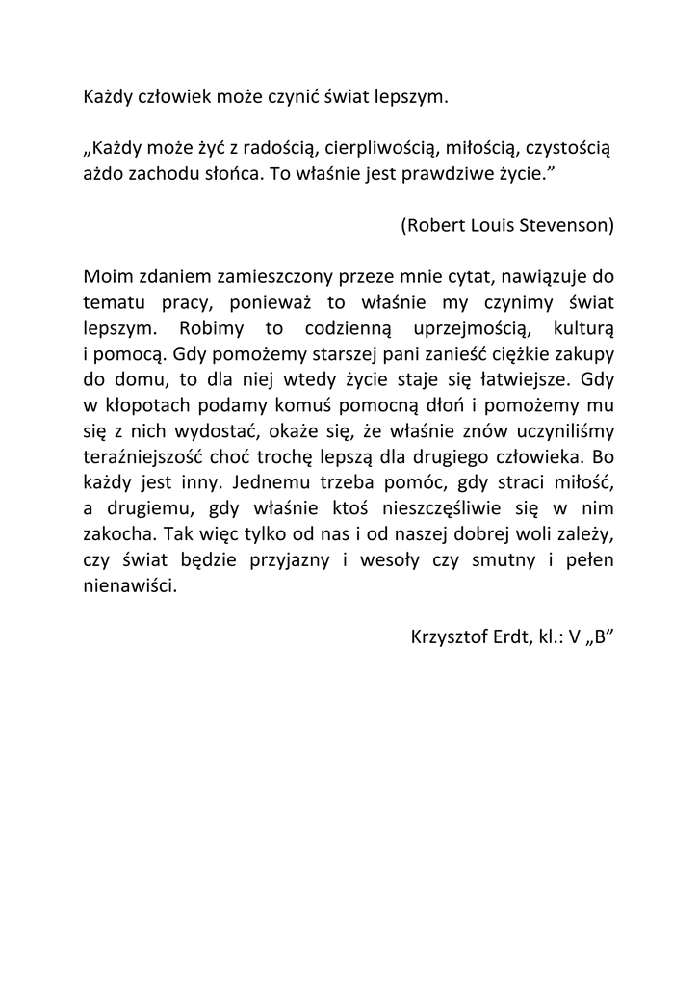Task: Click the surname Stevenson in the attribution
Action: pyautogui.click(x=564, y=225)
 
